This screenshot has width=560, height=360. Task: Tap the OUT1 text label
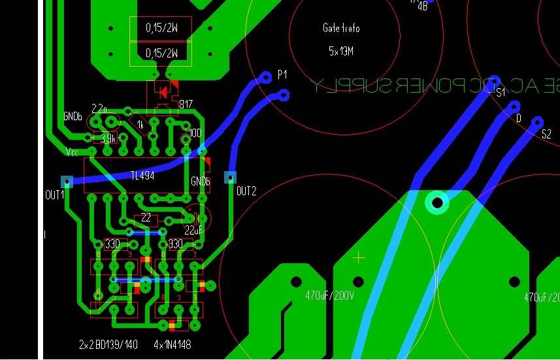click(x=54, y=194)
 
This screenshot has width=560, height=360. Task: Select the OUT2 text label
click(x=246, y=191)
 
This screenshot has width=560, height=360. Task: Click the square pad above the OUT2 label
click(x=230, y=177)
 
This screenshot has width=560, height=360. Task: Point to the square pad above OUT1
click(x=66, y=181)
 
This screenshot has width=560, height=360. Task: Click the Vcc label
click(x=73, y=152)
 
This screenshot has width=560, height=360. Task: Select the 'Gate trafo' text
click(x=340, y=29)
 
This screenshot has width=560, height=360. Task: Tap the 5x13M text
click(x=340, y=50)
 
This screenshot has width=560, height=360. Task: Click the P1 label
click(x=282, y=75)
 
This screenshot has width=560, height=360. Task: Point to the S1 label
click(x=501, y=93)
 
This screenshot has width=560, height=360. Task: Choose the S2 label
click(x=546, y=134)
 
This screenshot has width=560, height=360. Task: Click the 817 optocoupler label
click(x=186, y=105)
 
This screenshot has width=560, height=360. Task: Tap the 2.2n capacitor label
click(x=100, y=108)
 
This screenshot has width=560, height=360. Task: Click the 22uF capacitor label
click(x=194, y=230)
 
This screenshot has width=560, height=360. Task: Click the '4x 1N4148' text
click(x=173, y=344)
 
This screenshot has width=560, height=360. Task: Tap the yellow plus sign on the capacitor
click(x=358, y=258)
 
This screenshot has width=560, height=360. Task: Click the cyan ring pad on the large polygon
click(x=437, y=203)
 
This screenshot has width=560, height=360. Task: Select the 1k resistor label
click(x=140, y=124)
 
